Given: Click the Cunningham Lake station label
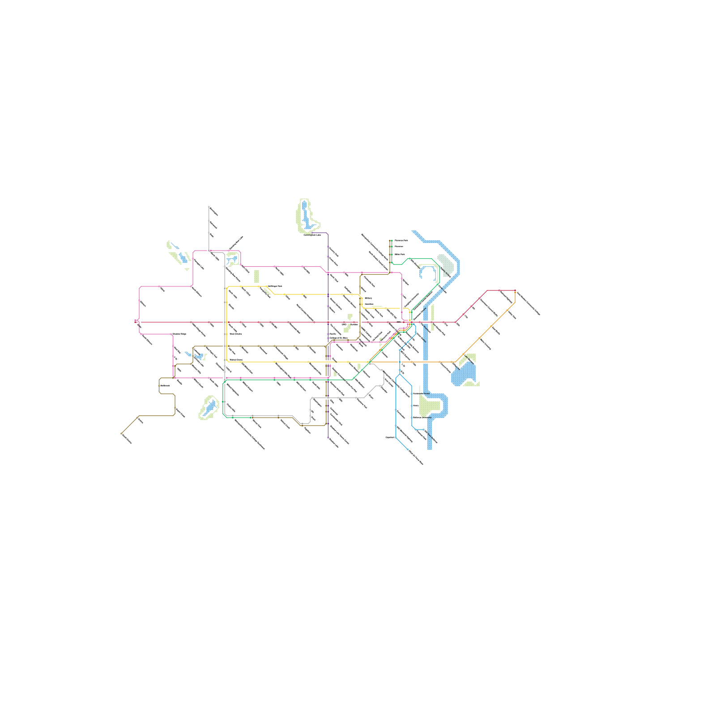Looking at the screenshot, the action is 312,234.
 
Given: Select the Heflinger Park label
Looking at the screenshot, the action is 275,286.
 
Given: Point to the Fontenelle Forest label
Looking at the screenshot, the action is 421,394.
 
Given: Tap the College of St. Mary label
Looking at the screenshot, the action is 338,338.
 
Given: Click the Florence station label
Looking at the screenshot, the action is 399,246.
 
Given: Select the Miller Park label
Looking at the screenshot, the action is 400,254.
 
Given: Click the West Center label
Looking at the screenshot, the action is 235,334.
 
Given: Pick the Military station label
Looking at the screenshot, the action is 368,298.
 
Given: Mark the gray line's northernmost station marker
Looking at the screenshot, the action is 209,207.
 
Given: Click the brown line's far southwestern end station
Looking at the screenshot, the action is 121,434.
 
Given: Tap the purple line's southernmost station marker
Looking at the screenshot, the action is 328,438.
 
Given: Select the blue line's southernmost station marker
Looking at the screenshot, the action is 408,449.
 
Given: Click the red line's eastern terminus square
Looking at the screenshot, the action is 515,291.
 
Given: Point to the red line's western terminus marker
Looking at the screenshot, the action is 135,321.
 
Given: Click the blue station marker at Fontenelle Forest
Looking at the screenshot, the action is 412,394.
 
